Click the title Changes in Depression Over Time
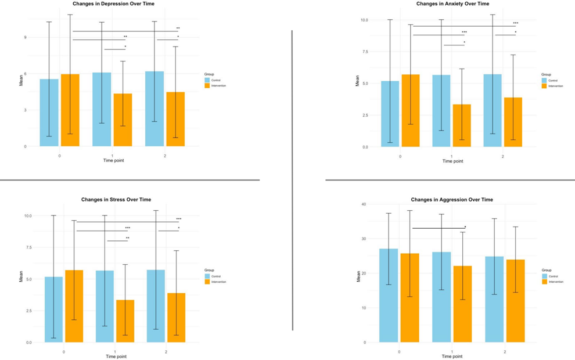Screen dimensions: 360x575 point(114,4)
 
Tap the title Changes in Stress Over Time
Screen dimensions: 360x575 point(116,200)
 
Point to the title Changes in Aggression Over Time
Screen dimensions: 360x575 point(451,200)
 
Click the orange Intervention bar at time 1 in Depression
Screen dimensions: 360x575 point(123,120)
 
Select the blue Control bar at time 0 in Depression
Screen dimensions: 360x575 point(49,113)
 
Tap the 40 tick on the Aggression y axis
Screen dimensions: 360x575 point(363,204)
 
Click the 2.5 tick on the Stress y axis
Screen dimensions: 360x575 point(28,311)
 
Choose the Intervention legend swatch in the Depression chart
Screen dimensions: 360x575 point(207,85)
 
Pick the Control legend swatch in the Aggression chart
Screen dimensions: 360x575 point(544,276)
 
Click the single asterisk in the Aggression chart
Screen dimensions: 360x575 point(465,227)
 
